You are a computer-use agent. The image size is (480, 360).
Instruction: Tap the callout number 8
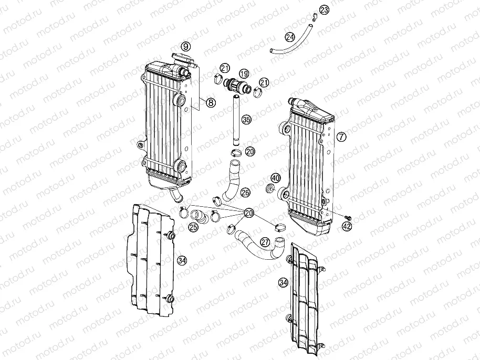point(211,103)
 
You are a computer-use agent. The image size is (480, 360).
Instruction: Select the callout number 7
point(341,136)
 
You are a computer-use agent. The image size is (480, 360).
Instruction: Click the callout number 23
point(324,10)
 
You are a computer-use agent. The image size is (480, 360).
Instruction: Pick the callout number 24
point(290,37)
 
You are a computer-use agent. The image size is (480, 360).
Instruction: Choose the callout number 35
point(246,120)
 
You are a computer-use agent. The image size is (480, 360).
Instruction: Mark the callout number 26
point(245,193)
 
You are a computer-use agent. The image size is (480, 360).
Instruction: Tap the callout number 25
point(193,227)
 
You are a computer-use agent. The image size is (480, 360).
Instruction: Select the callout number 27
point(265,242)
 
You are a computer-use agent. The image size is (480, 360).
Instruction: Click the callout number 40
point(276,178)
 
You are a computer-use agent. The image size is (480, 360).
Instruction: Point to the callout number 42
point(347,227)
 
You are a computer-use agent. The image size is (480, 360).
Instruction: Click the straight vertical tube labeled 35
point(236,121)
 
